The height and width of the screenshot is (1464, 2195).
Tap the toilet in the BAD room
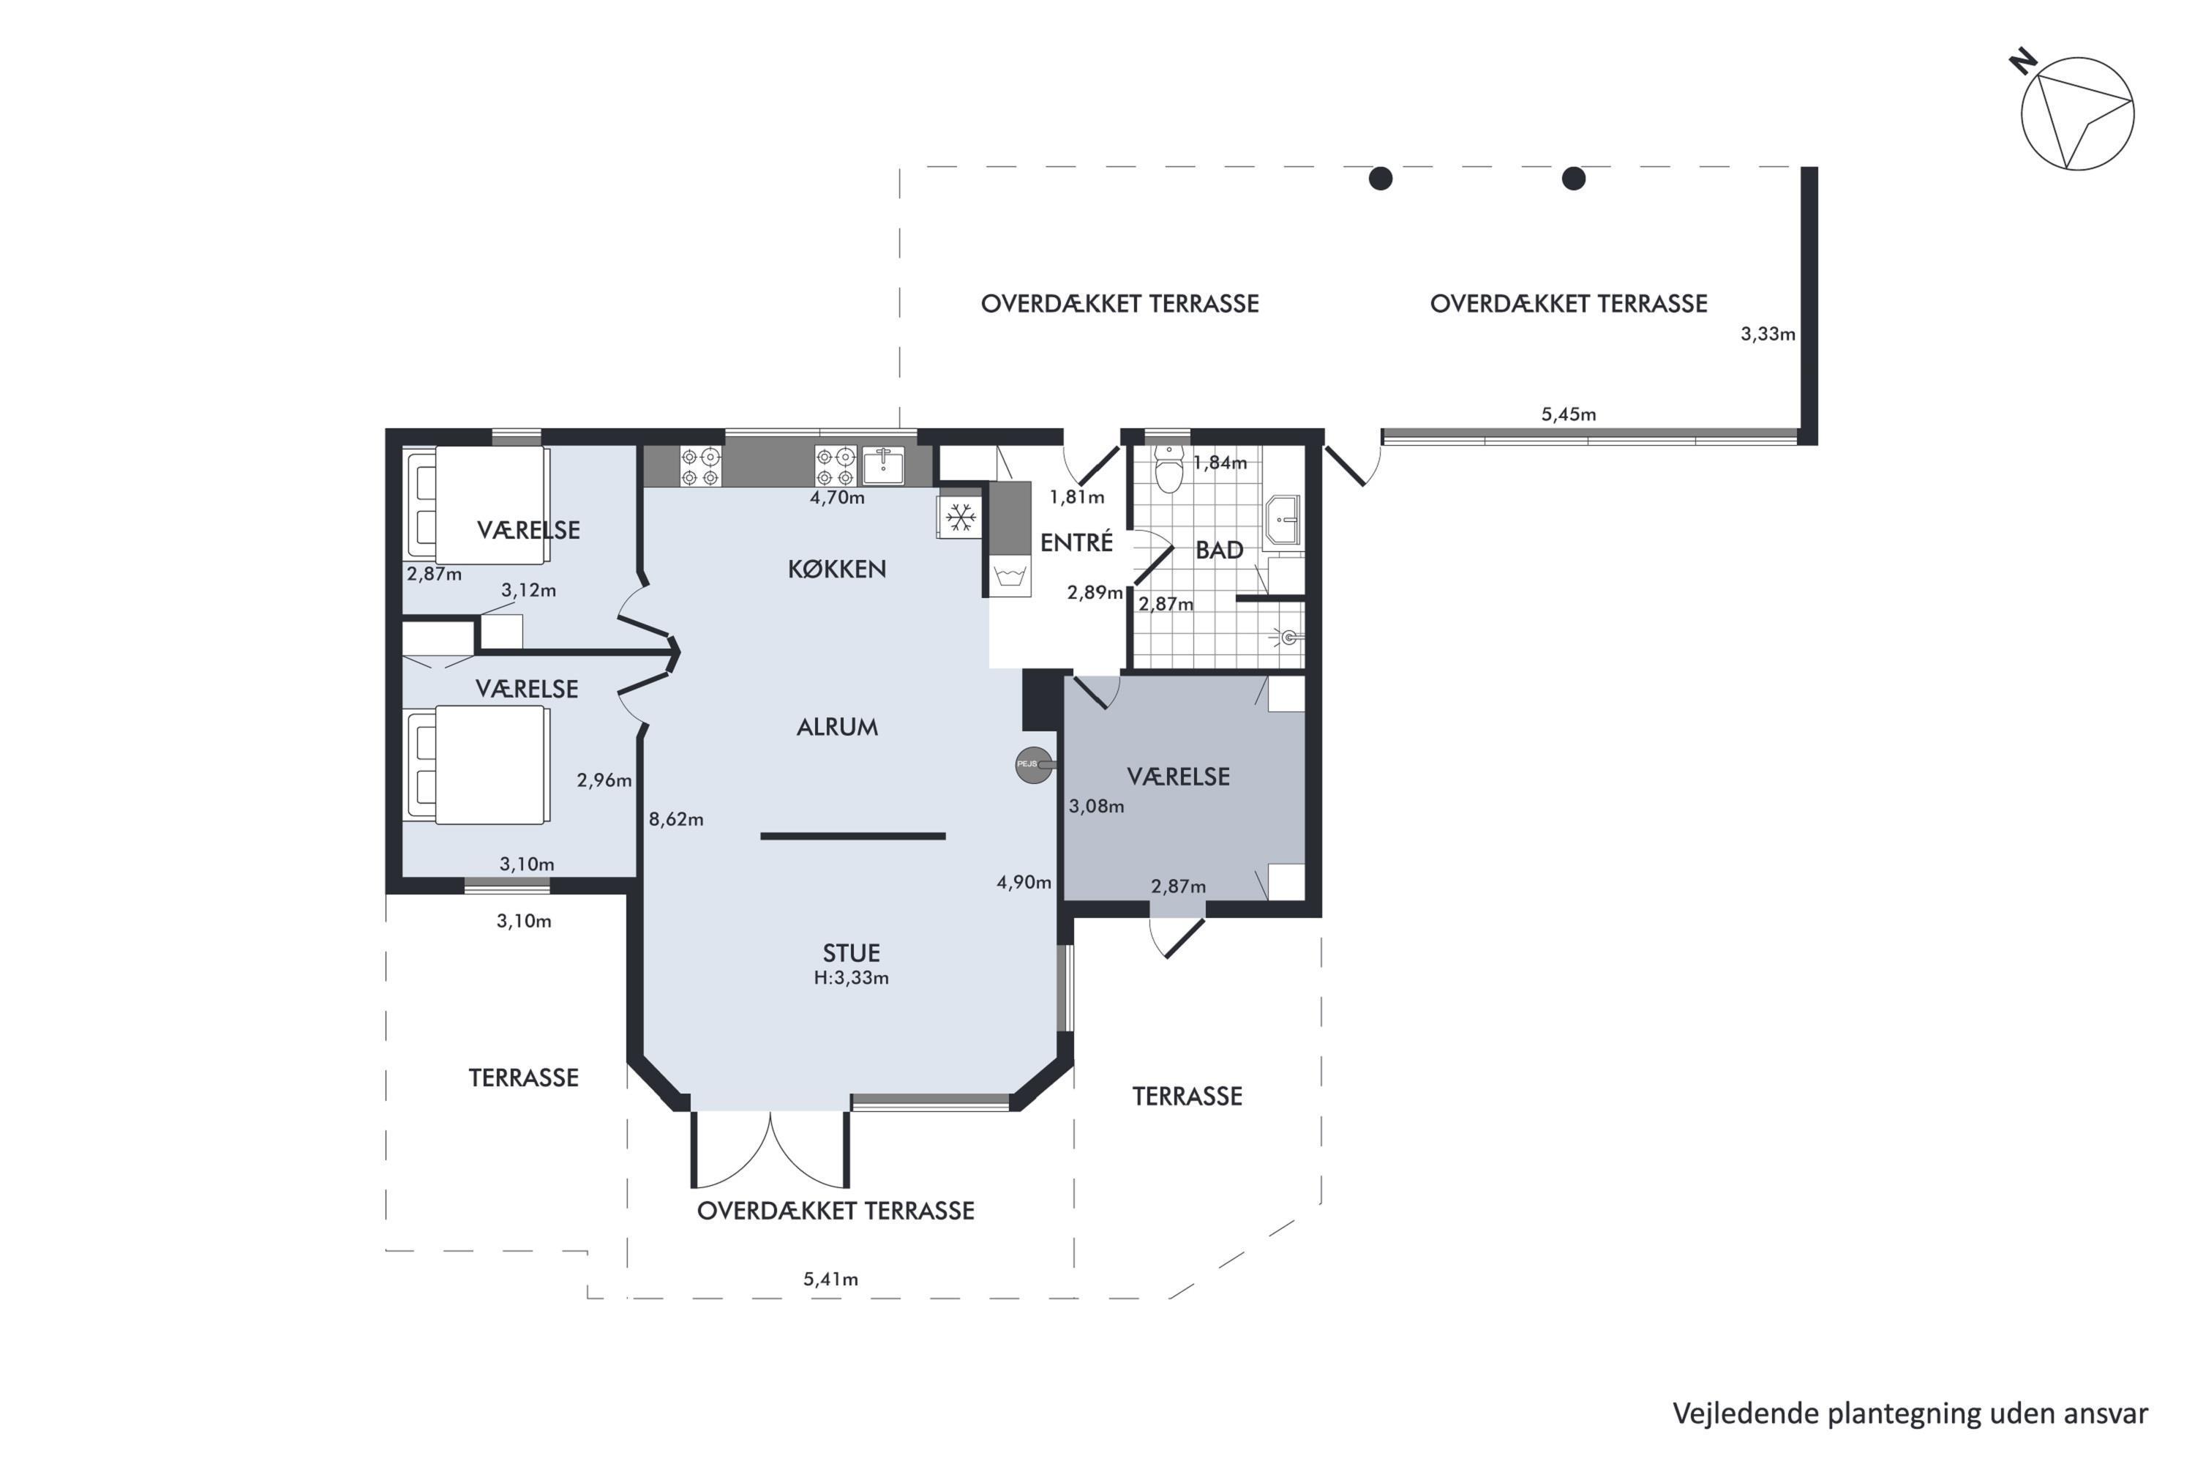click(1168, 470)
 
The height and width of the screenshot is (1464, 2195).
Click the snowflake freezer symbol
click(960, 516)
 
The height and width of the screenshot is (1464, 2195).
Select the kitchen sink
click(883, 464)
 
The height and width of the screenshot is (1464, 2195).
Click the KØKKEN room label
click(837, 569)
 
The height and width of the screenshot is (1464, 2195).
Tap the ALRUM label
click(837, 726)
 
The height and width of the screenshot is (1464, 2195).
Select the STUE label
click(851, 952)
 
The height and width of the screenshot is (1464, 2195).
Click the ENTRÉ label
click(1077, 542)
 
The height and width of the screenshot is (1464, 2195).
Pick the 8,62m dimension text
click(677, 819)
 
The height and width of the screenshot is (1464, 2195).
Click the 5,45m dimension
click(1569, 414)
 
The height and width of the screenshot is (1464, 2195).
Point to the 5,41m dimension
click(830, 1279)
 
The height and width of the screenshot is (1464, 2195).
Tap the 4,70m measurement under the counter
click(837, 498)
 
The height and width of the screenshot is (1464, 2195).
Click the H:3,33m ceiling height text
click(851, 977)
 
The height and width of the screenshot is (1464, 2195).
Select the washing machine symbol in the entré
click(1010, 575)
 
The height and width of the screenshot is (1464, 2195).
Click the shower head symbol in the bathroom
click(1288, 638)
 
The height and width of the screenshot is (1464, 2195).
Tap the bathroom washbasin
click(1283, 520)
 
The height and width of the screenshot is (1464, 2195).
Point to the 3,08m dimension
click(1097, 806)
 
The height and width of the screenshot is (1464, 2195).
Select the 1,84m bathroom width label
click(1220, 462)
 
